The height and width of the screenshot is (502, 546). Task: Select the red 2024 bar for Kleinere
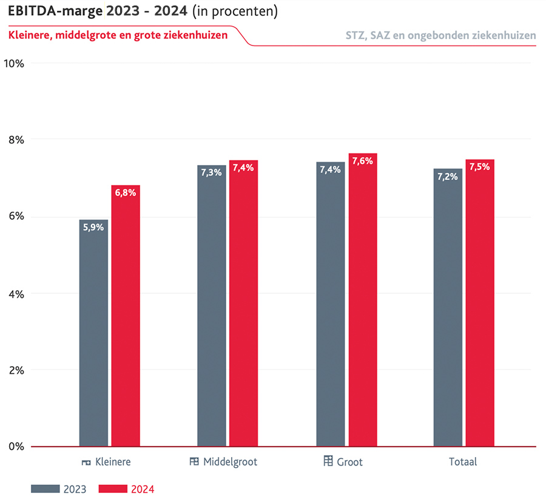[x=126, y=316]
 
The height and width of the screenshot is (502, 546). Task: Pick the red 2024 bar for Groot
[x=363, y=300]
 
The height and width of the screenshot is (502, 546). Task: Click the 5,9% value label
[x=93, y=228]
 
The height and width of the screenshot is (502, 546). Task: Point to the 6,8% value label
[x=126, y=193]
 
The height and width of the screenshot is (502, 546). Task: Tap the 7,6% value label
[x=363, y=161]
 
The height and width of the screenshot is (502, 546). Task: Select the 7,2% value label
[x=448, y=177]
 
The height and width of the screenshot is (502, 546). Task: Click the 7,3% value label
[x=212, y=173]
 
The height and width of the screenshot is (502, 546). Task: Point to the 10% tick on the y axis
[x=13, y=63]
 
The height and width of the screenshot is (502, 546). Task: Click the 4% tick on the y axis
[x=16, y=293]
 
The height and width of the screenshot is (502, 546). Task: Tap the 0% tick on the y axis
[x=16, y=447]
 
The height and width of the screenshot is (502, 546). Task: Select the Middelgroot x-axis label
[x=230, y=462]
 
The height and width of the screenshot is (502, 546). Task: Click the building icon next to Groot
[x=328, y=461]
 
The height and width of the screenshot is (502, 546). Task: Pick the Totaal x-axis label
[x=463, y=462]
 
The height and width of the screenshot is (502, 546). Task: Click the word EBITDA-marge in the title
[x=55, y=11]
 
